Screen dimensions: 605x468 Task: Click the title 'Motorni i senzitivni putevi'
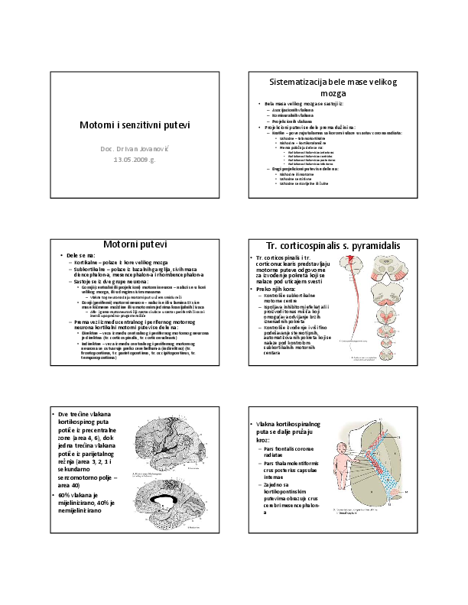click(135, 125)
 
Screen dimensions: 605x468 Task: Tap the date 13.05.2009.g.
click(135, 160)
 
